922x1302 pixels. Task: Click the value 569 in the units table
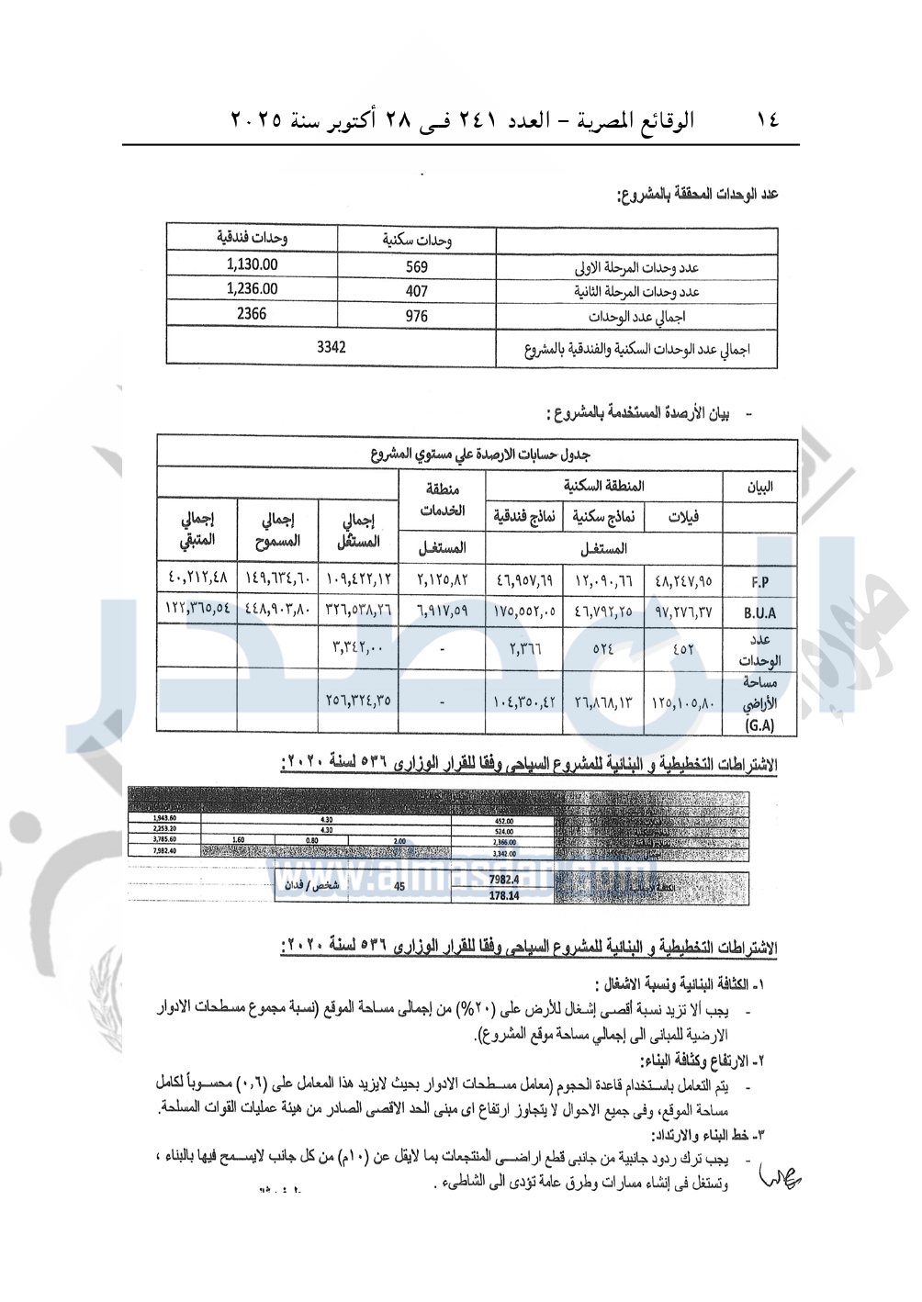point(416,267)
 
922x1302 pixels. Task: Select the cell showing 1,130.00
point(252,264)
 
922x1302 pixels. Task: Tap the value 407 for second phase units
point(416,291)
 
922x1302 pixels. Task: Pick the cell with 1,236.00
point(252,288)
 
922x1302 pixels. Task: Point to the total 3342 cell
point(331,347)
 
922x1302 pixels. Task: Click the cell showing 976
point(416,316)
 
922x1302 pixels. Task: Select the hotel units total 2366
point(252,313)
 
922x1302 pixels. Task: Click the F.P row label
point(759,582)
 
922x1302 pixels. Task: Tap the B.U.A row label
point(759,612)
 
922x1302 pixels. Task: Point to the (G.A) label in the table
point(759,724)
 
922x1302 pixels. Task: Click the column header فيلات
point(683,516)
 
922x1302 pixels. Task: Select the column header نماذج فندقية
point(524,516)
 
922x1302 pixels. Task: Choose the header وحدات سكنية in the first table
point(417,241)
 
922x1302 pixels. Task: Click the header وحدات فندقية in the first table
point(253,237)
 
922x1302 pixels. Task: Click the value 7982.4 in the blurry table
point(504,880)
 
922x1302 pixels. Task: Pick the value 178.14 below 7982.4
point(504,895)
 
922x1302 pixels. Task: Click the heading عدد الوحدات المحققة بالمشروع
point(697,194)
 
